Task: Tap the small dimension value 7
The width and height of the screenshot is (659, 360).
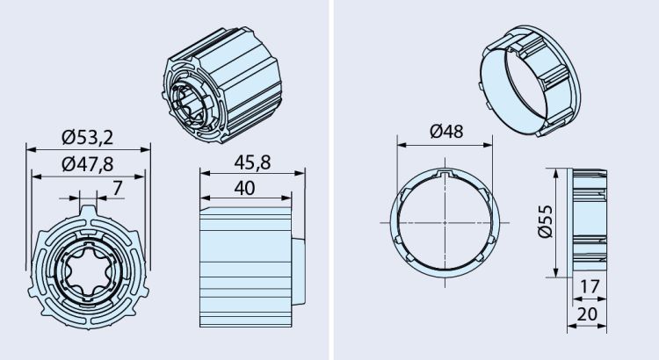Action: [x=117, y=187]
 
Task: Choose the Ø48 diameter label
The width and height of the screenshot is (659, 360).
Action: [x=447, y=132]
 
